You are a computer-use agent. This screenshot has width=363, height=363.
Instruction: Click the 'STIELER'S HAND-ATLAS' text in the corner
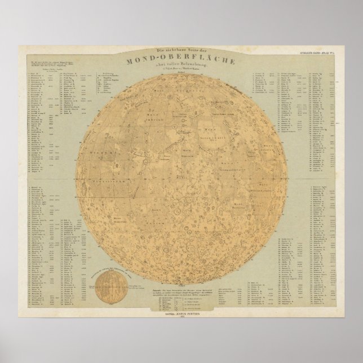(329, 53)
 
